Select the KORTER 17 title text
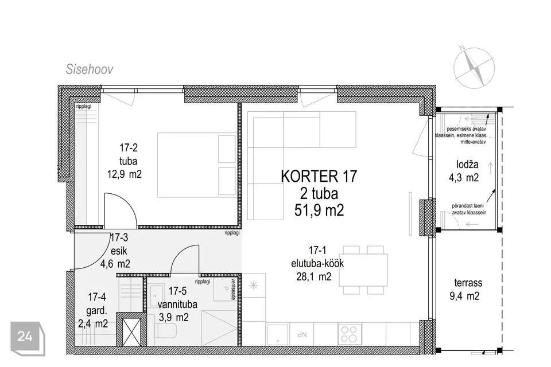click(x=319, y=177)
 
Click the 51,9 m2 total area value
click(x=319, y=211)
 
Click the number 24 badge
click(x=26, y=337)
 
